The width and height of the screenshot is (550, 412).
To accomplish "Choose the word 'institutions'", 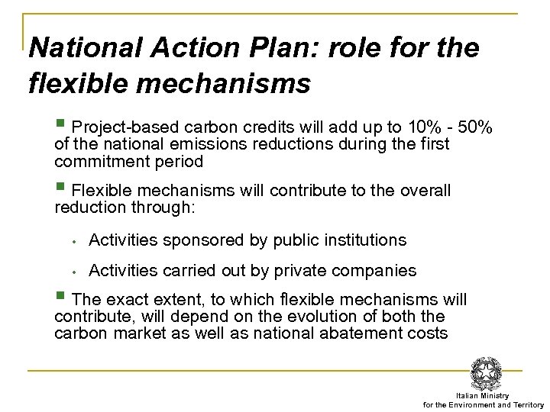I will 362,240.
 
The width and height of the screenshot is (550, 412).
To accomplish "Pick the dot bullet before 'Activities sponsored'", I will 70,241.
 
